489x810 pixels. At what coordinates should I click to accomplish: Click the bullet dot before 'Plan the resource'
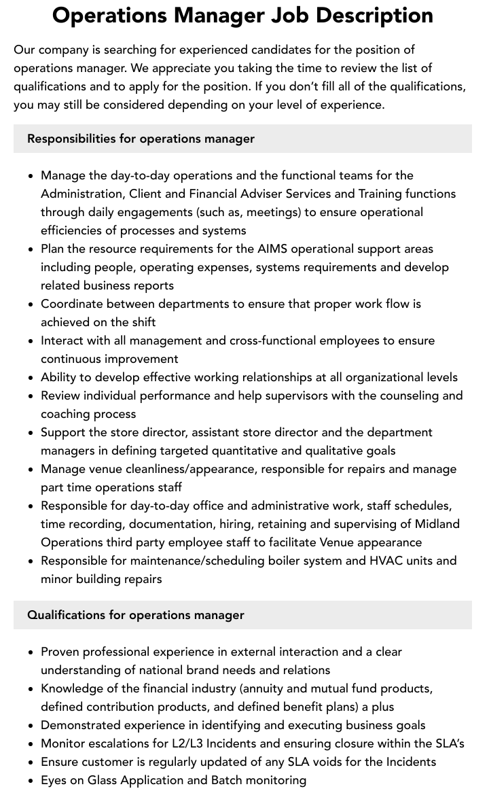point(31,249)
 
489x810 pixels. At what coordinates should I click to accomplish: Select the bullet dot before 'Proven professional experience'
point(31,652)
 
